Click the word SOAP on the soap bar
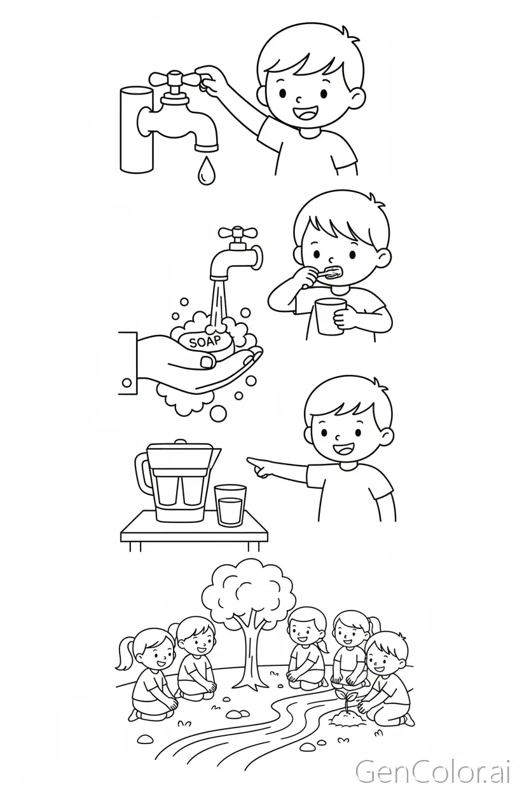pyautogui.click(x=205, y=342)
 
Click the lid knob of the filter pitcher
pyautogui.click(x=180, y=442)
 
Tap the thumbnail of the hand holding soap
pyautogui.click(x=207, y=362)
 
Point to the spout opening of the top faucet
pyautogui.click(x=207, y=147)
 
